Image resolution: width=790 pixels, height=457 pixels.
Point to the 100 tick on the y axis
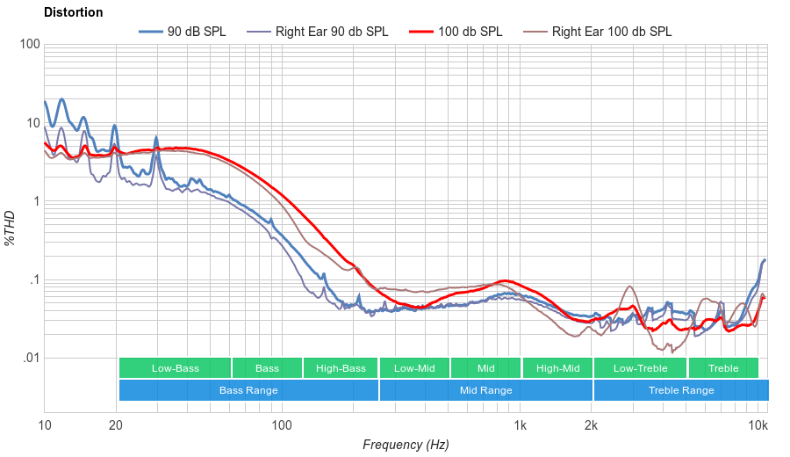(x=29, y=45)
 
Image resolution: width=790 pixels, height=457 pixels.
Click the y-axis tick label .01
(x=31, y=359)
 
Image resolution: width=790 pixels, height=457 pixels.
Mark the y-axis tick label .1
(x=33, y=280)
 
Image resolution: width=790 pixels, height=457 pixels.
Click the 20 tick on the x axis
(x=116, y=425)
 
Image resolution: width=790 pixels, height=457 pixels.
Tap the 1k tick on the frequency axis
(x=521, y=425)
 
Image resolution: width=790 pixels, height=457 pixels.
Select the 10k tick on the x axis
(x=758, y=425)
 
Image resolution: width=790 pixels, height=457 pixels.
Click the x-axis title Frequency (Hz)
(x=406, y=445)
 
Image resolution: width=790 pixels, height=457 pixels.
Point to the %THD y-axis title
(x=11, y=228)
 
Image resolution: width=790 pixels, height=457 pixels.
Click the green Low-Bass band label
(x=174, y=368)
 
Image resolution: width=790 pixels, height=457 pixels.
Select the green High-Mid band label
(x=557, y=368)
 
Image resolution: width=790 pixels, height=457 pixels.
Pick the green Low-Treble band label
(x=641, y=368)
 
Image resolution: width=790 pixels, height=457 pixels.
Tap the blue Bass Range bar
(x=248, y=390)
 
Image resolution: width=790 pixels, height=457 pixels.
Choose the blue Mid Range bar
(x=485, y=390)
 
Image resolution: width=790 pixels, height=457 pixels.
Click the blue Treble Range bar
(x=681, y=390)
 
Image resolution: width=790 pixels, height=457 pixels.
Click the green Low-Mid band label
(x=414, y=368)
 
